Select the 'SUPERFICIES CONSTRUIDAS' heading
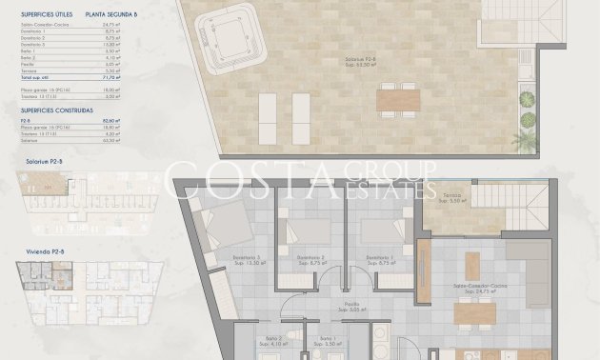[56, 134]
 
